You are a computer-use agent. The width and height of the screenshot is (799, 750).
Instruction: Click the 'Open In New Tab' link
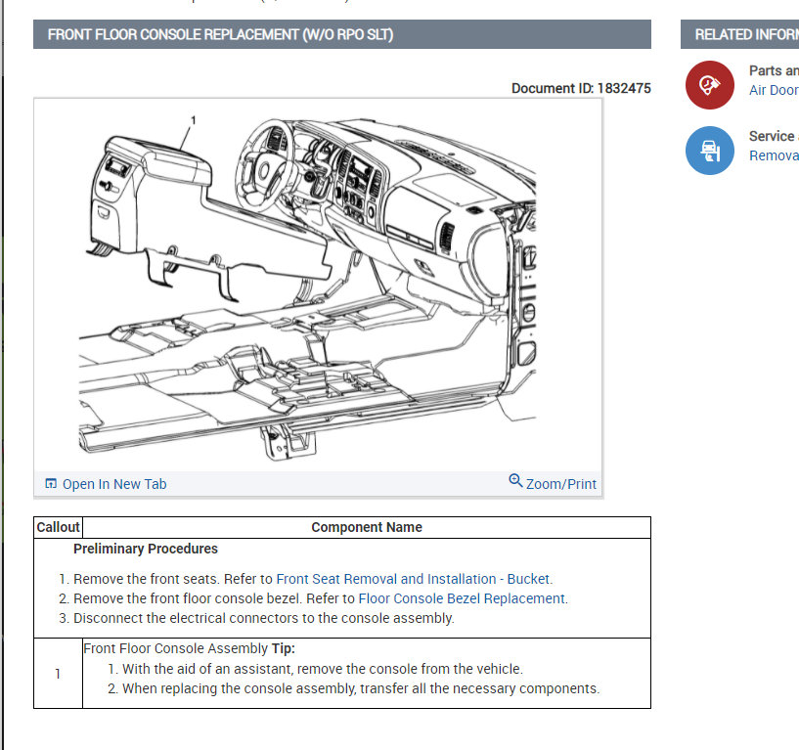point(113,484)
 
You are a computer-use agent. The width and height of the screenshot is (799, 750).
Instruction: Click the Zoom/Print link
point(560,484)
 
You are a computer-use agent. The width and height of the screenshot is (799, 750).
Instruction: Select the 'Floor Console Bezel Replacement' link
point(462,598)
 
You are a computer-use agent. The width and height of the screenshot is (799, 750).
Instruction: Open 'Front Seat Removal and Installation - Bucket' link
point(414,579)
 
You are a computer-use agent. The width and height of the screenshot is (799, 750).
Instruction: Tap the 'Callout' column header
point(58,527)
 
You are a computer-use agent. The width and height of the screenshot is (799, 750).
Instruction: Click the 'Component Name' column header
point(367,527)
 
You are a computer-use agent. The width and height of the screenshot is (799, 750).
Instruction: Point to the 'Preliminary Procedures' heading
point(146,549)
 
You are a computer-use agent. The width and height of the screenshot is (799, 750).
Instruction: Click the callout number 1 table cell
point(58,674)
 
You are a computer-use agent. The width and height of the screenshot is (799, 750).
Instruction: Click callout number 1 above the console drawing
point(193,120)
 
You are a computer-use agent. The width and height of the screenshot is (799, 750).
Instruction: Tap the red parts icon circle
point(709,86)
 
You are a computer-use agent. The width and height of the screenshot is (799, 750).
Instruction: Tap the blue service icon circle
point(709,151)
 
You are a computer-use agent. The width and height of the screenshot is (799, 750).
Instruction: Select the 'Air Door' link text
point(774,90)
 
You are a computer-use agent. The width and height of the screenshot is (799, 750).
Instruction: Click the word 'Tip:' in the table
point(283,648)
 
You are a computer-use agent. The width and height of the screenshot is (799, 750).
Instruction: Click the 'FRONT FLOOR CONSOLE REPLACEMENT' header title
point(221,34)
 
